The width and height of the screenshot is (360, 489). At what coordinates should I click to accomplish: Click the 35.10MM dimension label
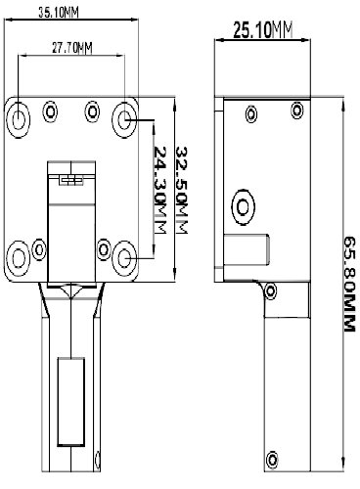click(59, 13)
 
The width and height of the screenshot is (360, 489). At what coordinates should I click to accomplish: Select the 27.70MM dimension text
click(72, 48)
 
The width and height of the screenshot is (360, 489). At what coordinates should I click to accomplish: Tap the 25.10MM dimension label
click(262, 30)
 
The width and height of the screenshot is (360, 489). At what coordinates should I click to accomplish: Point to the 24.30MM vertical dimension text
click(160, 190)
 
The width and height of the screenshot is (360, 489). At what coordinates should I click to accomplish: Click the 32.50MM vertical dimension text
click(182, 190)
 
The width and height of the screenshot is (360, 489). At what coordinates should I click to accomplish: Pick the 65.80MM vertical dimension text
click(349, 284)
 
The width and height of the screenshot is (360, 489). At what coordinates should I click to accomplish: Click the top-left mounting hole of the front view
click(19, 119)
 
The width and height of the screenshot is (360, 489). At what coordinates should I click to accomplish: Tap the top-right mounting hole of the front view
click(124, 119)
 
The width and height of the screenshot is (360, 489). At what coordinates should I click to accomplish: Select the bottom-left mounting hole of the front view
click(19, 258)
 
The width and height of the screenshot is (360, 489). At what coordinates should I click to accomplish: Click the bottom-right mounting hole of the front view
click(124, 258)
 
